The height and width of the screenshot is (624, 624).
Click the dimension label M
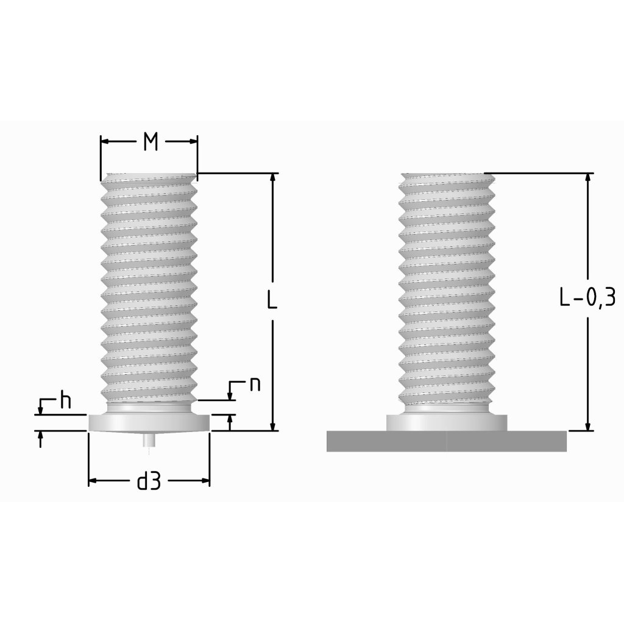click(151, 142)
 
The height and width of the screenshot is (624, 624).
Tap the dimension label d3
click(149, 481)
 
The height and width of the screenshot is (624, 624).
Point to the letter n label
click(255, 385)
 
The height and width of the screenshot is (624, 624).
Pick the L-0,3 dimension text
click(588, 297)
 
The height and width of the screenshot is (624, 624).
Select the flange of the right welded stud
click(447, 423)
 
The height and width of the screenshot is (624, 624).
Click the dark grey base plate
click(447, 441)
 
